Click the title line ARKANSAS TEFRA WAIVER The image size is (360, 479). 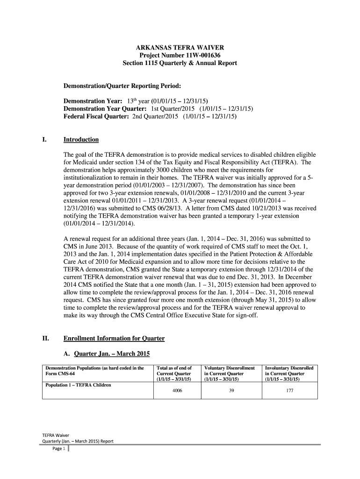[180, 48]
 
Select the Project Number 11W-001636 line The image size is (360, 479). [180, 55]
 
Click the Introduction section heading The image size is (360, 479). [81, 139]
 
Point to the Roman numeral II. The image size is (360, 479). [45, 338]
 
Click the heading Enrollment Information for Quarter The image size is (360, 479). [114, 338]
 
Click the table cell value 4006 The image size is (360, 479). [177, 391]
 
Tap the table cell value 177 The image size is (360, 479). [289, 391]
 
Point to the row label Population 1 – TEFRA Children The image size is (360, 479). [78, 385]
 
